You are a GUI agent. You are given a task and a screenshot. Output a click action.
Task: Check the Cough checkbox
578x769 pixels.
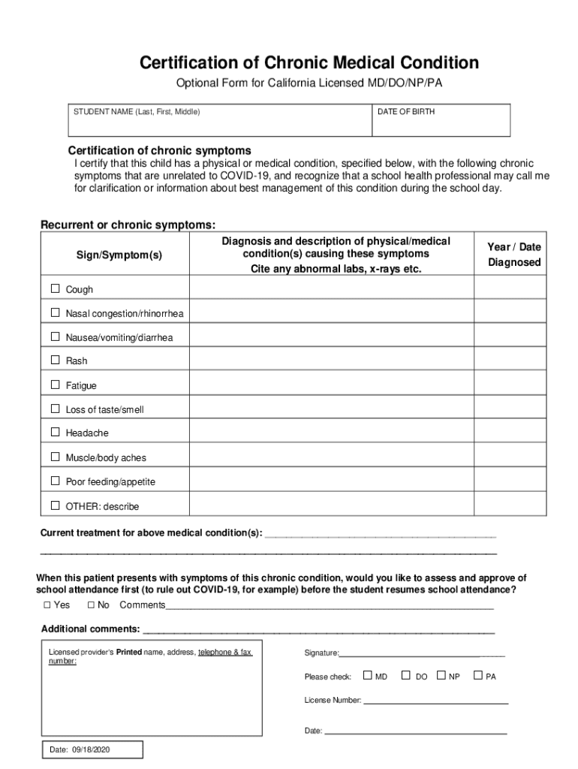point(55,289)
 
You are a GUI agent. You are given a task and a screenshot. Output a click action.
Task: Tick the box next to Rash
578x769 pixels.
point(55,360)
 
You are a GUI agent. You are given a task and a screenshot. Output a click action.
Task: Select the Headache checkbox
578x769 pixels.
point(55,433)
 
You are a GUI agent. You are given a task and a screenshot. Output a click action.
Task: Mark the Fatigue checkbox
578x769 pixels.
point(55,384)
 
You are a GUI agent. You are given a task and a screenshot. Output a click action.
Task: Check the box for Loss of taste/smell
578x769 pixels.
point(55,409)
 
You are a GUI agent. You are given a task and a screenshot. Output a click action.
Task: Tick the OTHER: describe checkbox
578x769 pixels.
point(55,505)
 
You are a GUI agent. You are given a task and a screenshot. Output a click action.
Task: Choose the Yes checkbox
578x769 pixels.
point(47,605)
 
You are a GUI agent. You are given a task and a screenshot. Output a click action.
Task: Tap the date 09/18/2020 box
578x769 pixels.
point(91,749)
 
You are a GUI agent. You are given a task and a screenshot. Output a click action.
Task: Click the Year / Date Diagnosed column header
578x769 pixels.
point(513,255)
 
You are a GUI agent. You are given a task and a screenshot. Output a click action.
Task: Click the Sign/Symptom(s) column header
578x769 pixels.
point(119,255)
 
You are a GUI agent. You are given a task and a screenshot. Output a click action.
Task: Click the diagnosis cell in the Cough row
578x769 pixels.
point(331,289)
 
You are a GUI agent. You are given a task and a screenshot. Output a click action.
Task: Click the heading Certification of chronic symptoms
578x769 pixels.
point(159,150)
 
